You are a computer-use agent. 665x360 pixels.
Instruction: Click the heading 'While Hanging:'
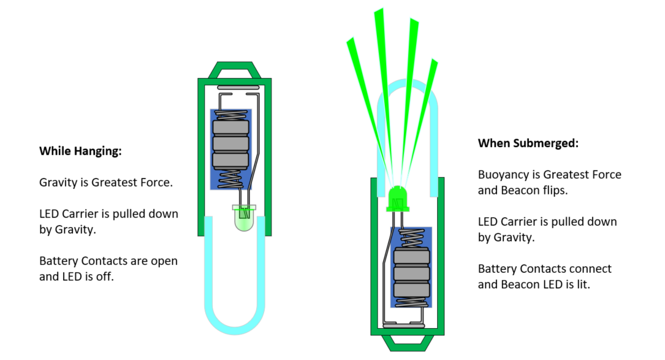coord(80,151)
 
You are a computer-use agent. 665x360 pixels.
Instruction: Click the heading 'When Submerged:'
coord(528,143)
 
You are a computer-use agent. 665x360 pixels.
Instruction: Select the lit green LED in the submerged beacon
coord(397,197)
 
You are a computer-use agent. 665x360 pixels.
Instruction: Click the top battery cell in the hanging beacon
coord(230,128)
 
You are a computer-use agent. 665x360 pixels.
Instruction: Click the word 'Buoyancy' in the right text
coord(503,175)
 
